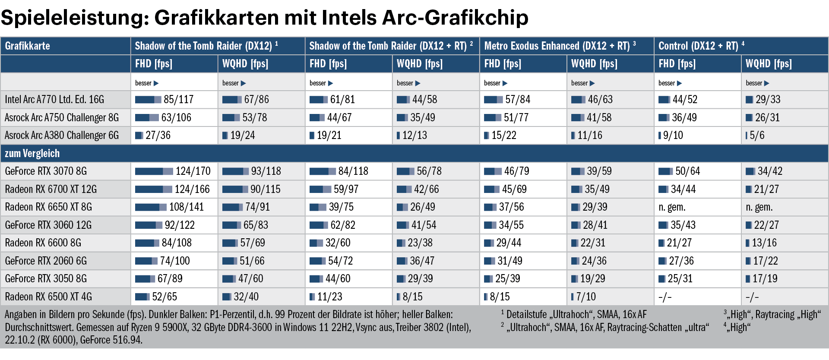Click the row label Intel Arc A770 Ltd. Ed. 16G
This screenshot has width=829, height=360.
tap(54, 100)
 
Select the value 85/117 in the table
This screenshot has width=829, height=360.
tap(178, 100)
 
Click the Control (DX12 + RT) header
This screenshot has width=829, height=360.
tap(698, 46)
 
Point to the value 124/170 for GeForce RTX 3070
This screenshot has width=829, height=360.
tap(193, 171)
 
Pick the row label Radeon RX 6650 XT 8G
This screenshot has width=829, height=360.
tap(48, 207)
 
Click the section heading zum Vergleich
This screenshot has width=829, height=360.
tap(32, 154)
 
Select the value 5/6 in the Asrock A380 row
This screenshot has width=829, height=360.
tap(757, 136)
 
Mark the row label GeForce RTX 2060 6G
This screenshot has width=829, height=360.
tap(46, 261)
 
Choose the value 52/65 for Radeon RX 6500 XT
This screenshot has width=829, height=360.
tap(165, 297)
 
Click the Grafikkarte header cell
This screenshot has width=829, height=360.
tap(28, 46)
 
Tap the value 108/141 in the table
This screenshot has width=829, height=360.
tap(186, 207)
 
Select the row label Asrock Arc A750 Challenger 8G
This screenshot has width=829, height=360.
tap(62, 118)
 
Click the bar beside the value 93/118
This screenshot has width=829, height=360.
tap(235, 171)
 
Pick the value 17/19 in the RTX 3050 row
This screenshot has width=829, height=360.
tap(765, 279)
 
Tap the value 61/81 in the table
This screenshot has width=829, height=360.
tap(342, 100)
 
